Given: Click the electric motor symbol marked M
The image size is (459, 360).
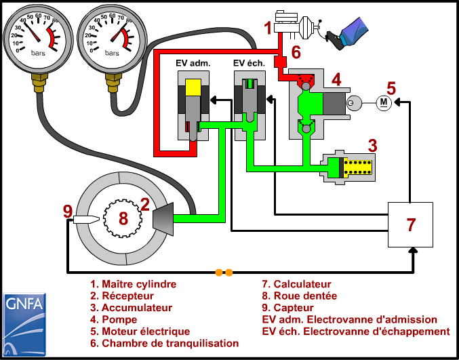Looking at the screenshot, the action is pos(384,102).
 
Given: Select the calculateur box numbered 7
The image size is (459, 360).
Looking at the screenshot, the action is pos(410,224).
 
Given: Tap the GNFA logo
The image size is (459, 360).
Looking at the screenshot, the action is pos(24,324).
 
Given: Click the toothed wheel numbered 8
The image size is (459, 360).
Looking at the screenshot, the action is pos(123,218).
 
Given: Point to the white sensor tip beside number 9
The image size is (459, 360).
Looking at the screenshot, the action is pos(86,219).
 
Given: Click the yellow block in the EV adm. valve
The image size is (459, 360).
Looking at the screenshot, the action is pos(193,87).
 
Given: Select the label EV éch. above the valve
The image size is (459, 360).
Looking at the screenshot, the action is pos(249,63).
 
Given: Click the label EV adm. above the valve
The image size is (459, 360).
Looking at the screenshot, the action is pos(193,63).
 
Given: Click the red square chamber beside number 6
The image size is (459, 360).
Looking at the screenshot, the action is pos(280,62).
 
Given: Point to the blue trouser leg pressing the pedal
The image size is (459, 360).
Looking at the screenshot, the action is pos(355,31).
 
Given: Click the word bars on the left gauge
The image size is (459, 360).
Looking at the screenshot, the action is pos(39,54).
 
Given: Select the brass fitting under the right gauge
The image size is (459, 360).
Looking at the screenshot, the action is pos(113,83).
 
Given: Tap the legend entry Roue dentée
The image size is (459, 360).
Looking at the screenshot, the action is pos(300,296).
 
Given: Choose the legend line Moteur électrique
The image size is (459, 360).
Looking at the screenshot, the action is pos(140,332).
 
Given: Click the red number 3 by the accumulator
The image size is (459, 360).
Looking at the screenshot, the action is pos(372,146).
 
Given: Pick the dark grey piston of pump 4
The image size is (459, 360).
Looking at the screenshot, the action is pos(334,103).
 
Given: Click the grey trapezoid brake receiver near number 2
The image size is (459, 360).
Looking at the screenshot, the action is pos(163,218).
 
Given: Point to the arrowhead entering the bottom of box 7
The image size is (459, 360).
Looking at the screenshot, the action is pos(413,251).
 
